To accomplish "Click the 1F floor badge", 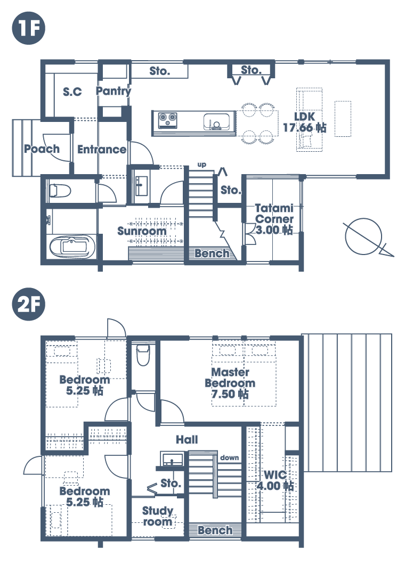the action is [29, 28].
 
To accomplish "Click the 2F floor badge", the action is [29, 305].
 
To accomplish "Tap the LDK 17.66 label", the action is [305, 122].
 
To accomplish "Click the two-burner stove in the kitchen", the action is [167, 120].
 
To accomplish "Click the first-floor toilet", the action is [60, 191].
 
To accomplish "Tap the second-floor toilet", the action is [143, 355].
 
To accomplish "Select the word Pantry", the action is [114, 91].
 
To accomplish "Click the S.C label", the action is [72, 91].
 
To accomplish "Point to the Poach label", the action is [42, 149].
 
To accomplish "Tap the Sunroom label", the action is [142, 231].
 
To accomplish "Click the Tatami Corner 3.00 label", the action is [274, 219].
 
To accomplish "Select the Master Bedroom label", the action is [230, 383].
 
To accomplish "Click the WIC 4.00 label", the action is [275, 480].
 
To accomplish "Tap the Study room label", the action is [158, 517].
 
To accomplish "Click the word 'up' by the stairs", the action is [201, 165].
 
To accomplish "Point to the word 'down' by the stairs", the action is [229, 457].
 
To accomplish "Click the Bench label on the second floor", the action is [215, 530].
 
